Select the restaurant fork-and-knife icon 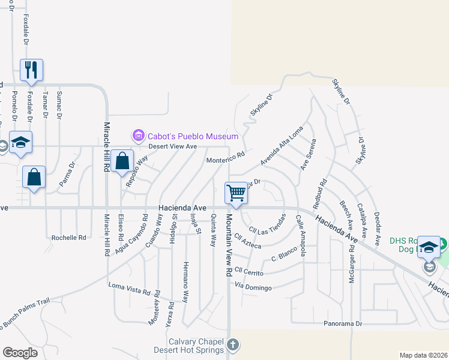31,70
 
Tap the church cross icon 233,345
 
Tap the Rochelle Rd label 68,238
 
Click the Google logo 20,353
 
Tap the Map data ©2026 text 423,355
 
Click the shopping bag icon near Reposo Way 122,161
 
